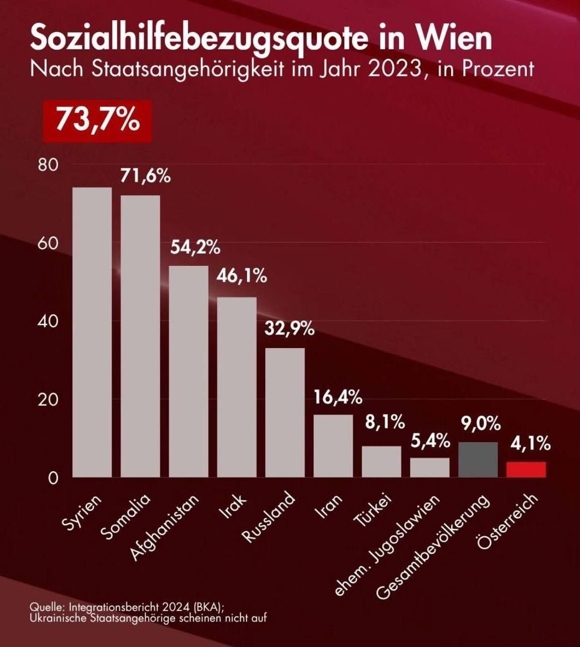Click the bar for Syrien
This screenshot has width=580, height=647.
pos(92,332)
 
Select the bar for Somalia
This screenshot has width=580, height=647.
pos(140,336)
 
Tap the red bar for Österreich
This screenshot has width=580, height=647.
pos(526,470)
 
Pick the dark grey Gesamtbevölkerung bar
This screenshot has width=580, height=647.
pos(478,459)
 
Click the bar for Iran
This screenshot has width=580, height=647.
pos(333,446)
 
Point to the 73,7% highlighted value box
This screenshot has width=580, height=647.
pos(98,121)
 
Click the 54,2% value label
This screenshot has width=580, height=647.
pos(195,248)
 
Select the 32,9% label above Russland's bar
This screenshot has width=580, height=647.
pos(289,330)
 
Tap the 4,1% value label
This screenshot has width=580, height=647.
pos(530,444)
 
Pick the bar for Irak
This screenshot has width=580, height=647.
pos(236,387)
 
